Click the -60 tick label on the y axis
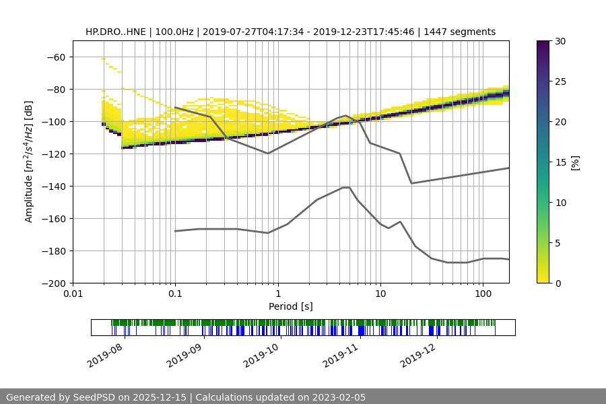(x=56, y=57)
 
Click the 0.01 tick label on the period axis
(x=73, y=294)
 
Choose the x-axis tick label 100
(x=483, y=294)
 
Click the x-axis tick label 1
(x=277, y=294)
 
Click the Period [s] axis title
(x=291, y=306)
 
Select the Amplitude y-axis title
(x=29, y=162)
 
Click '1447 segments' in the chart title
(x=460, y=32)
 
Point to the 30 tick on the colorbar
(x=560, y=41)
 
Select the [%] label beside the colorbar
(x=575, y=162)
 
